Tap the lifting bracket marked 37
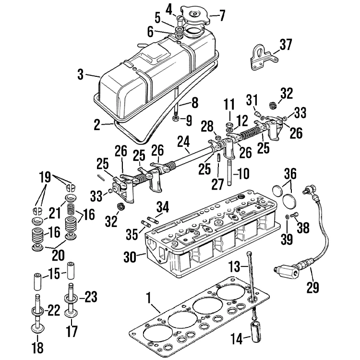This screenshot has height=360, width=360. pos(259,58)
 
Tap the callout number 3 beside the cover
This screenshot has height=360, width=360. pos(81,74)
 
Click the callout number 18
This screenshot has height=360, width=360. pos(36,347)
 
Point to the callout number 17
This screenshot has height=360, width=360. pos(72,331)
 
